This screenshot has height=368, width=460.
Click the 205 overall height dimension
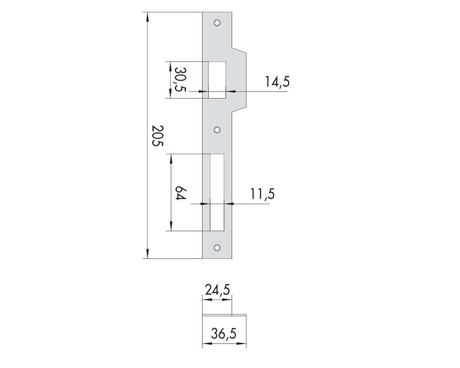[x=157, y=136]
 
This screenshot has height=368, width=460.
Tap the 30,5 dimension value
[x=180, y=80]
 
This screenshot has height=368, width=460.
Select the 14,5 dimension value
[x=277, y=81]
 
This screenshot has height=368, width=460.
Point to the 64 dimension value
[x=180, y=193]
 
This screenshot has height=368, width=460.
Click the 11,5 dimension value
[x=263, y=194]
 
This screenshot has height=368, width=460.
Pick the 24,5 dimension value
[x=217, y=290]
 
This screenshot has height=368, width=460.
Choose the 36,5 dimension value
[x=224, y=333]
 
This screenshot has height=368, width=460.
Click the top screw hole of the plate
[x=217, y=23]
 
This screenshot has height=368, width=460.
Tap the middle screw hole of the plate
[x=217, y=129]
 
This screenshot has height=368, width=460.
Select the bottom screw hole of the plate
[x=217, y=247]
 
